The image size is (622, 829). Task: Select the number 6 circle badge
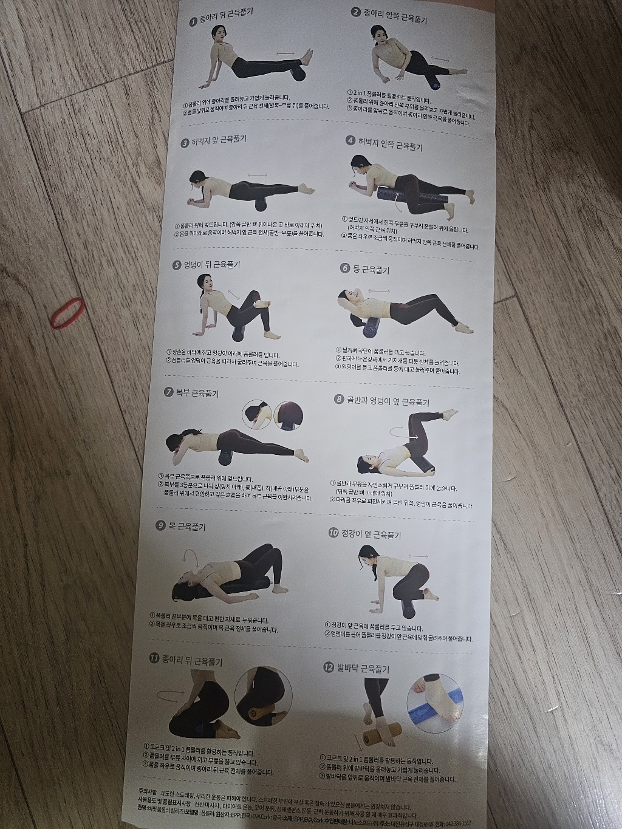click(345, 268)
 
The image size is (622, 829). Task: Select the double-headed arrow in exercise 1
click(285, 54)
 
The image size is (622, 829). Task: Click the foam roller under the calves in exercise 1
click(299, 73)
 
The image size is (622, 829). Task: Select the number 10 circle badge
click(333, 533)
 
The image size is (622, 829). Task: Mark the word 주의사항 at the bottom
click(148, 792)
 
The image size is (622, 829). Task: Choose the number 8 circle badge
click(339, 399)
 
